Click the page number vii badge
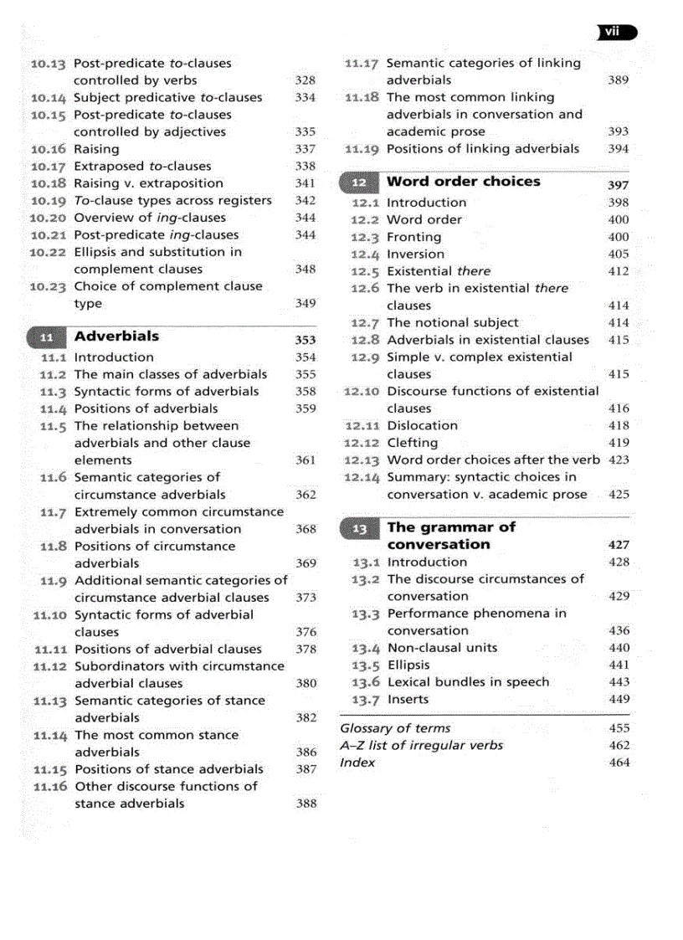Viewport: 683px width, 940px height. pos(616,33)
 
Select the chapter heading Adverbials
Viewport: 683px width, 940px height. pos(116,336)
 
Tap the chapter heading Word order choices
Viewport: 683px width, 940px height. pos(463,182)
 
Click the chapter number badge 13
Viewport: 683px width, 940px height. pos(359,529)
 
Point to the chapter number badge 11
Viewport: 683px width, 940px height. pos(47,338)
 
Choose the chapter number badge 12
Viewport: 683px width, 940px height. pos(359,182)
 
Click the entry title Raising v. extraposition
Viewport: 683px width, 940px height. pos(148,183)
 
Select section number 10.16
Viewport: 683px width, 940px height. pos(48,149)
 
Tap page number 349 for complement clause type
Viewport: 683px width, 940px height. pos(306,303)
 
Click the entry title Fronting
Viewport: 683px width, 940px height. pos(413,237)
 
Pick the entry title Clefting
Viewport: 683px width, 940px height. pos(412,443)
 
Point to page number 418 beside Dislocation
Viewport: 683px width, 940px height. pos(619,425)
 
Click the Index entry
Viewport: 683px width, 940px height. pos(357,763)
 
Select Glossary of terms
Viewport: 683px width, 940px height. pos(395,728)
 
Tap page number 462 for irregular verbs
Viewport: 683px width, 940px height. pos(619,745)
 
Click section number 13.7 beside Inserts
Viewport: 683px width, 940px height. pos(367,699)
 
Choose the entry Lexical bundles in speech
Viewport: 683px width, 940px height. pos(468,682)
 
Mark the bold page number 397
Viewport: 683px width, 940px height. pos(618,185)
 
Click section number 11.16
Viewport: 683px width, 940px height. pos(49,787)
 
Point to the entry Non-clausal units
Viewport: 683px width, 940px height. pos(442,648)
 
